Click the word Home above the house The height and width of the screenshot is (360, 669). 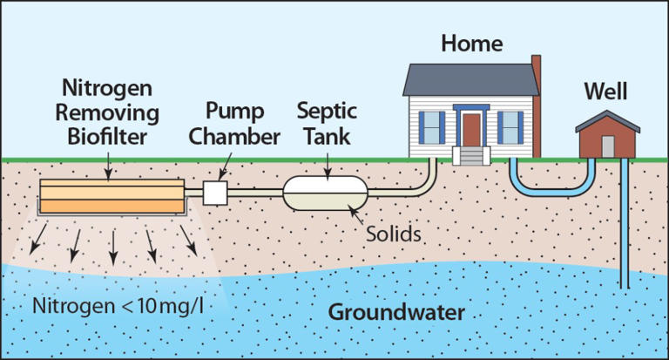click(472, 42)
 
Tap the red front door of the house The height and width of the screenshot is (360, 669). click(471, 128)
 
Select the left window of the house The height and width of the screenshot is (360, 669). click(431, 127)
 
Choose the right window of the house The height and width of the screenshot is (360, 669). click(510, 127)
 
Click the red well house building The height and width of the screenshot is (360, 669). click(608, 139)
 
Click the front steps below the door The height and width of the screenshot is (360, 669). click(471, 157)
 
